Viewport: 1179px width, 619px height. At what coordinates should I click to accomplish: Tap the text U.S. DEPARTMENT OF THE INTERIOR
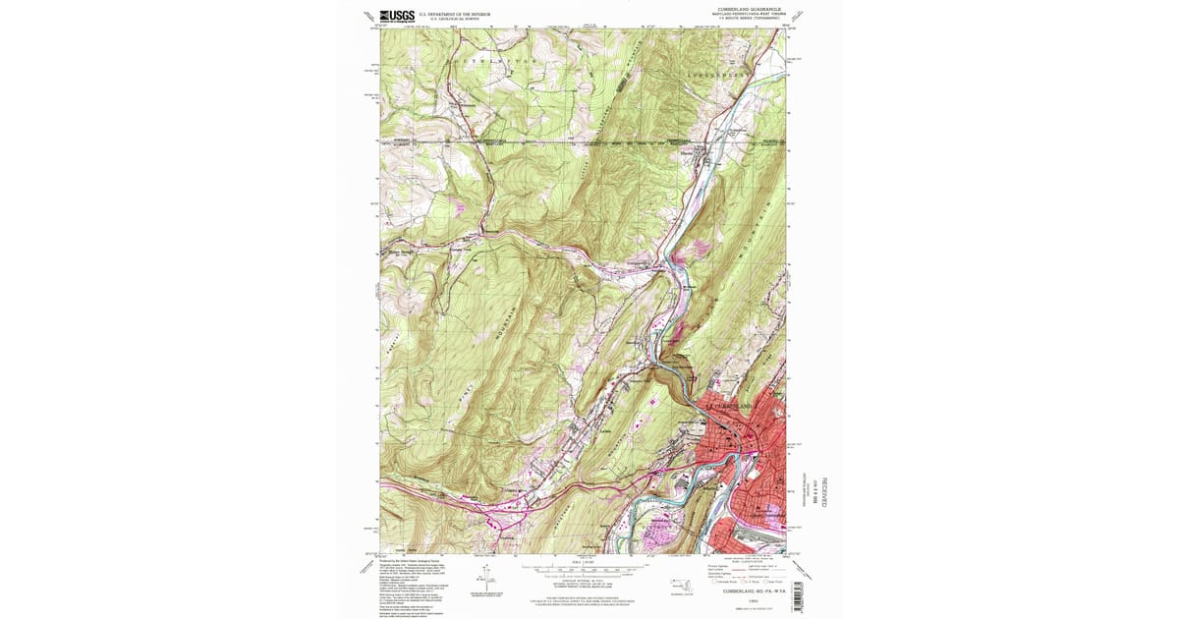coord(455,14)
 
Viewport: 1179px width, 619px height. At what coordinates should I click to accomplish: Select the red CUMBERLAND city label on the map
coord(732,406)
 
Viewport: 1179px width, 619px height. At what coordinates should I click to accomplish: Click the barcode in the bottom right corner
coord(795,594)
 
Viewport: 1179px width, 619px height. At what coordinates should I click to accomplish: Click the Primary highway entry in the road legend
coord(721,567)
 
